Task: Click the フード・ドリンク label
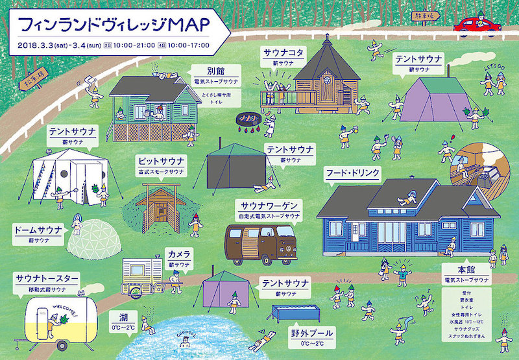click(354, 173)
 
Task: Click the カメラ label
click(177, 254)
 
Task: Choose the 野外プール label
click(311, 333)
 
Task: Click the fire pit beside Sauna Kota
click(249, 119)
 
